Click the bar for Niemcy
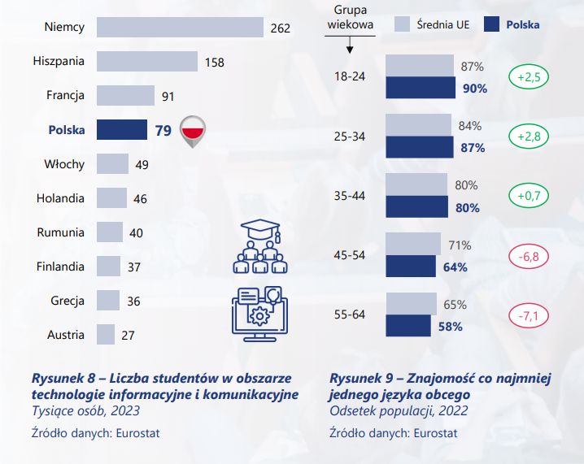tap(180, 27)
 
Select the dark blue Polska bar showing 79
tap(120, 130)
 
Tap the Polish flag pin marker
tap(193, 130)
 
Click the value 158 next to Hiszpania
tap(214, 62)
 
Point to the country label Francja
tap(65, 96)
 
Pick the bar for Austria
tap(106, 335)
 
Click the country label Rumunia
tap(60, 232)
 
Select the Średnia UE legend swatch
tap(400, 24)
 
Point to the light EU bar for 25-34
tap(418, 125)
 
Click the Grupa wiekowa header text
tap(351, 16)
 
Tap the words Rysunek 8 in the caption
tap(60, 378)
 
